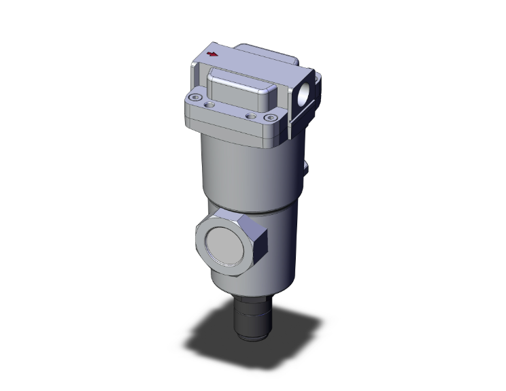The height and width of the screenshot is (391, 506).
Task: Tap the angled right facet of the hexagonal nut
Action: tap(259, 243)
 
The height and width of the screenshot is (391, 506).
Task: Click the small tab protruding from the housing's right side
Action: tap(307, 165)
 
